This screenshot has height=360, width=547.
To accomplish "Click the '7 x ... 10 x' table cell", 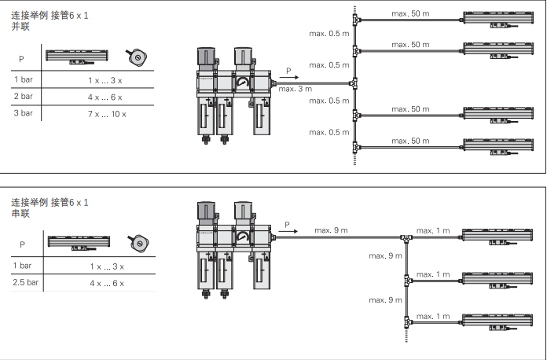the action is pos(107,114).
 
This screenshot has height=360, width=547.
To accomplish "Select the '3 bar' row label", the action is pos(23,113).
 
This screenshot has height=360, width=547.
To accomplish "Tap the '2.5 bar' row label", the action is pos(25,282).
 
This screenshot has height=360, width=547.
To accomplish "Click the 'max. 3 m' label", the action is pos(296,89).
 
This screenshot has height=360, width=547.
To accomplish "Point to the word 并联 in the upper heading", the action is pos(20,27).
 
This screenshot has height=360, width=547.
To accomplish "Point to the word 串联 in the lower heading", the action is pos(20,214).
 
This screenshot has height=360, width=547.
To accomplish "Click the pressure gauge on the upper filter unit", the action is pos(242,83).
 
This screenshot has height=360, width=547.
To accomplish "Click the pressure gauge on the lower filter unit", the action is pos(242,237).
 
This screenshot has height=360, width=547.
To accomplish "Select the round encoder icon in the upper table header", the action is pos(137,57).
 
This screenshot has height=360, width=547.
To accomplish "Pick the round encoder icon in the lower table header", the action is pos(138,243).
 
